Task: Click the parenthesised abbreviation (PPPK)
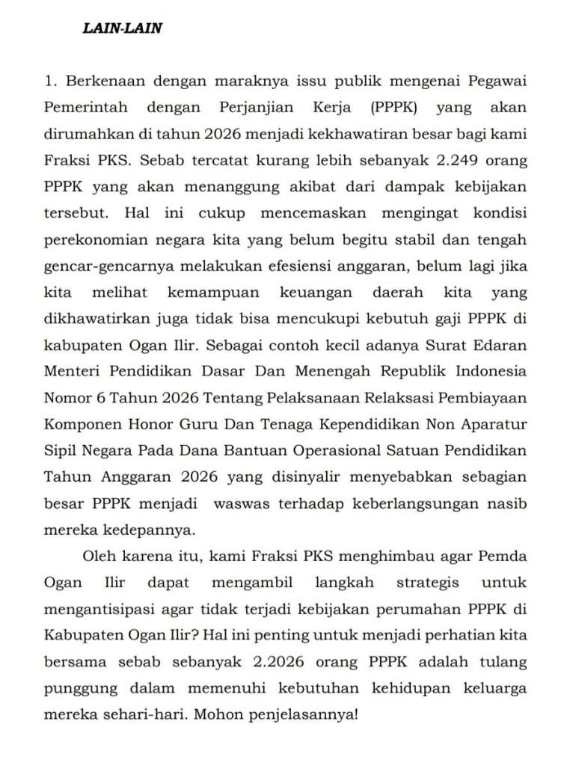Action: click(x=393, y=107)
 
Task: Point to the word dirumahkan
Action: click(x=83, y=134)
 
